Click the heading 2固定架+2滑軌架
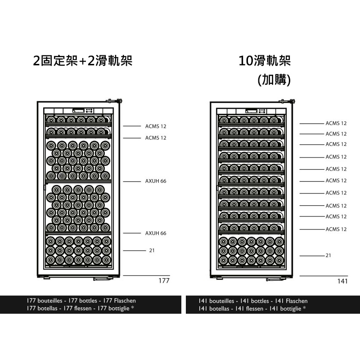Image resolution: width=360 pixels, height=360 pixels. click(83, 61)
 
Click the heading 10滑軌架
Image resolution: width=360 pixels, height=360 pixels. click(265, 61)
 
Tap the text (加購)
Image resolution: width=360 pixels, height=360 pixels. click(274, 80)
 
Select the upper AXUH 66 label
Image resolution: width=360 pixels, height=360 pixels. click(156, 181)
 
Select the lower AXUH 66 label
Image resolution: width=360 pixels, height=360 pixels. click(156, 233)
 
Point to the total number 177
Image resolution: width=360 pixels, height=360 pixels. click(164, 280)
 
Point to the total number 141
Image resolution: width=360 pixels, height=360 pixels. click(342, 281)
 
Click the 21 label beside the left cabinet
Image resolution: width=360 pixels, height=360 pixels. click(152, 251)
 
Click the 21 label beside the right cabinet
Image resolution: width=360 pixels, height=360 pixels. click(328, 255)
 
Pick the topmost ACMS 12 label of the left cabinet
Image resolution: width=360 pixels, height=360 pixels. click(156, 126)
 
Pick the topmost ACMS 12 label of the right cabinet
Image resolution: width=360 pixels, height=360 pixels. click(336, 123)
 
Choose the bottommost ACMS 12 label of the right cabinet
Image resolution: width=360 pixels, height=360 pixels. click(336, 229)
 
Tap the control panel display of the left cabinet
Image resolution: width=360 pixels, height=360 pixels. click(78, 111)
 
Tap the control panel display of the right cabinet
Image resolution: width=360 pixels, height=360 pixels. click(252, 111)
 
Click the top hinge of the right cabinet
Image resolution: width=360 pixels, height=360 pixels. click(287, 101)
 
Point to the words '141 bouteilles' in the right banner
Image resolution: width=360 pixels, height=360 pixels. click(216, 301)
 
